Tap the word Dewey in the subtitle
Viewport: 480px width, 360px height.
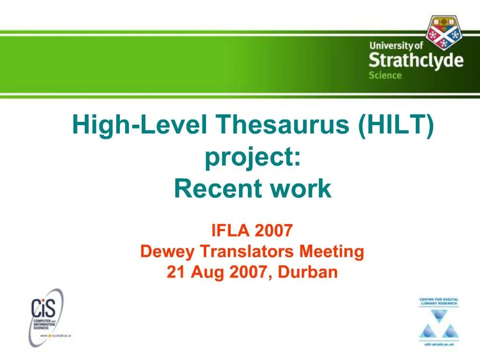167,252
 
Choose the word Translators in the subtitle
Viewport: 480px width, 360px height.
247,252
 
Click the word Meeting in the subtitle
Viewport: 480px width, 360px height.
332,252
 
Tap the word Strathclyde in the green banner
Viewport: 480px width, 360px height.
416,61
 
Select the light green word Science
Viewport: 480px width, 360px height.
385,75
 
